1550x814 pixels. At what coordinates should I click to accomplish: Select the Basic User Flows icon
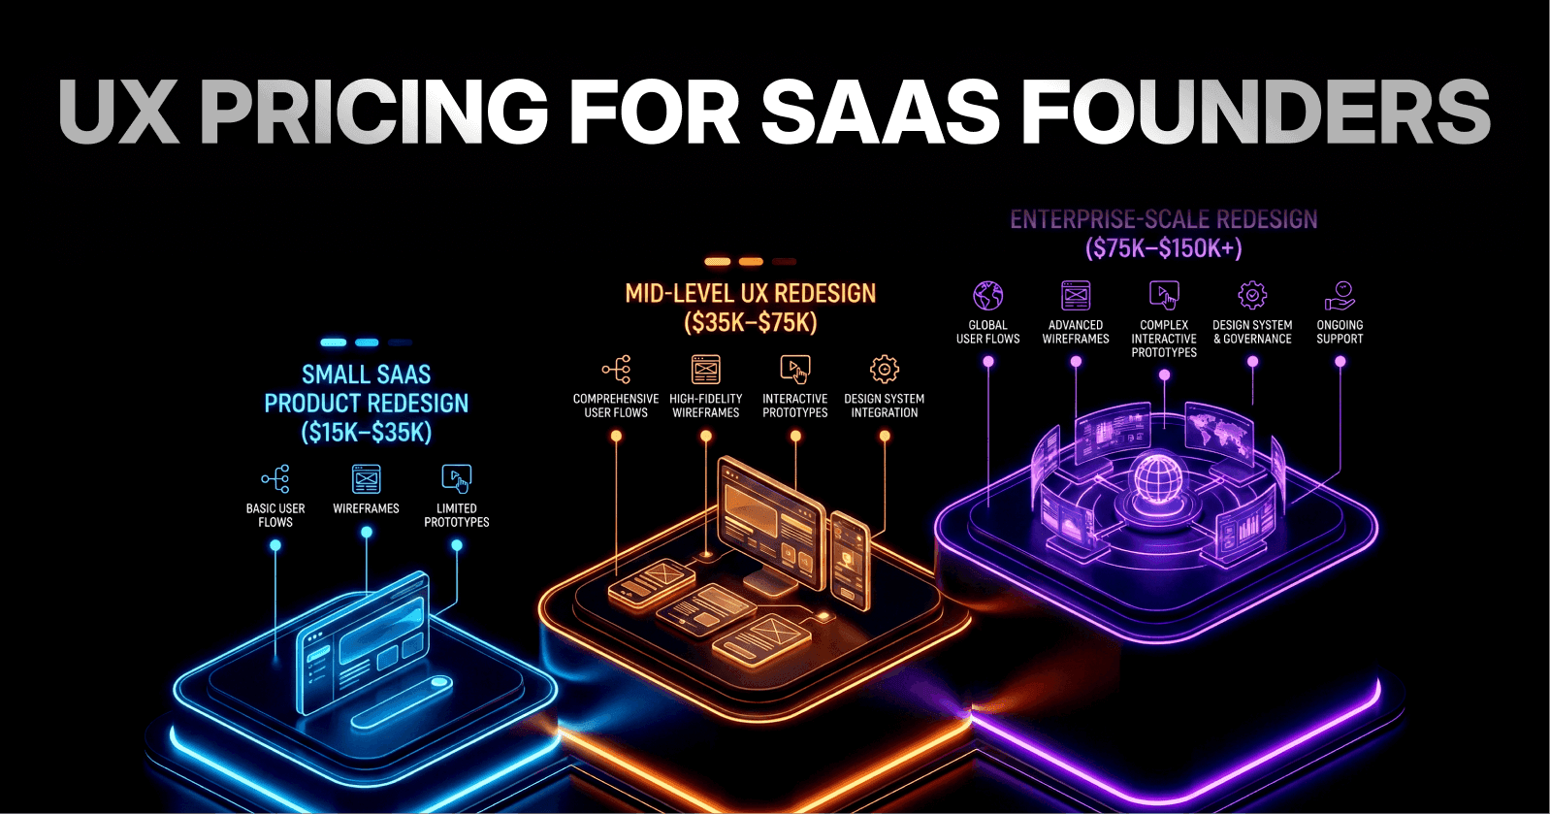[275, 478]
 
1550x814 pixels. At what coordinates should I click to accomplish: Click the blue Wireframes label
[366, 508]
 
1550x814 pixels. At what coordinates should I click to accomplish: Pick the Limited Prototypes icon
[456, 478]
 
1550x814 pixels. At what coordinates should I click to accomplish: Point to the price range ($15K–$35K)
[366, 433]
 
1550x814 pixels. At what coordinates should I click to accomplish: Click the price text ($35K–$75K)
[750, 323]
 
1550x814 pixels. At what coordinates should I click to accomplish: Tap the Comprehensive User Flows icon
[616, 370]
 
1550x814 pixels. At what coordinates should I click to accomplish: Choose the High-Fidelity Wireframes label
[705, 406]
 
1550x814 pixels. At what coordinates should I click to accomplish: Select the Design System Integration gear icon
[885, 370]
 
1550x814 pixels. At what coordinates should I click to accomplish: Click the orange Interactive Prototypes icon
[794, 370]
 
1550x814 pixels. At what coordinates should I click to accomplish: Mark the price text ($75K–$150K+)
[1163, 248]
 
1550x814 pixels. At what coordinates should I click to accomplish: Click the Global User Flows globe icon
[987, 295]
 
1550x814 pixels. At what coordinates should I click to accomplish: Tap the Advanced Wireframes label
[1076, 332]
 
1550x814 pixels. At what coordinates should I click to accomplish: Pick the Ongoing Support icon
[1340, 295]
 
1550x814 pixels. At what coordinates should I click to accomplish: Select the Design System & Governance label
[1252, 332]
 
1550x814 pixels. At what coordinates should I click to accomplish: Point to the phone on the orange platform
[850, 560]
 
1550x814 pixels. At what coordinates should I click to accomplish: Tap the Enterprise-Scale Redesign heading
[1163, 220]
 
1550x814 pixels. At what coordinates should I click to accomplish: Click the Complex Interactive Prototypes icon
[1164, 295]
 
